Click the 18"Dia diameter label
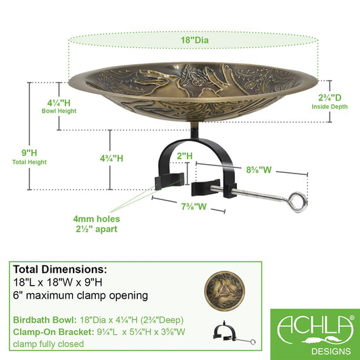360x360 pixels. point(195,40)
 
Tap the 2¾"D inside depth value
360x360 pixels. point(330,97)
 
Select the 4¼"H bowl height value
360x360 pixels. point(59,103)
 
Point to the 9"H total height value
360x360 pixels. point(29,153)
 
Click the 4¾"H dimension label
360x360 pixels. point(111,159)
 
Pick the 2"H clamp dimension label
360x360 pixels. point(184,156)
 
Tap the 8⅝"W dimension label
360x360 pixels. point(259,170)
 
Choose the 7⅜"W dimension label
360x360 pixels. point(194,207)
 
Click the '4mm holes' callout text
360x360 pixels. point(97,219)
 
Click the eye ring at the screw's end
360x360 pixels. point(298,202)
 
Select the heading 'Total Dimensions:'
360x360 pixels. point(60,269)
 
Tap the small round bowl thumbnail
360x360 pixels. point(224,291)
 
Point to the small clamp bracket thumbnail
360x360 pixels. point(234,333)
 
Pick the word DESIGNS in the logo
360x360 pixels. point(331,351)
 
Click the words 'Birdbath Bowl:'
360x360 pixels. point(45,320)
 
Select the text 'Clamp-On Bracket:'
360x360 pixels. point(53,332)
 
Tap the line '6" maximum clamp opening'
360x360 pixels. point(80,295)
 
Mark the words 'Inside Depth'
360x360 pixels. point(330,107)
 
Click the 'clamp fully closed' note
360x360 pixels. point(48,344)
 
